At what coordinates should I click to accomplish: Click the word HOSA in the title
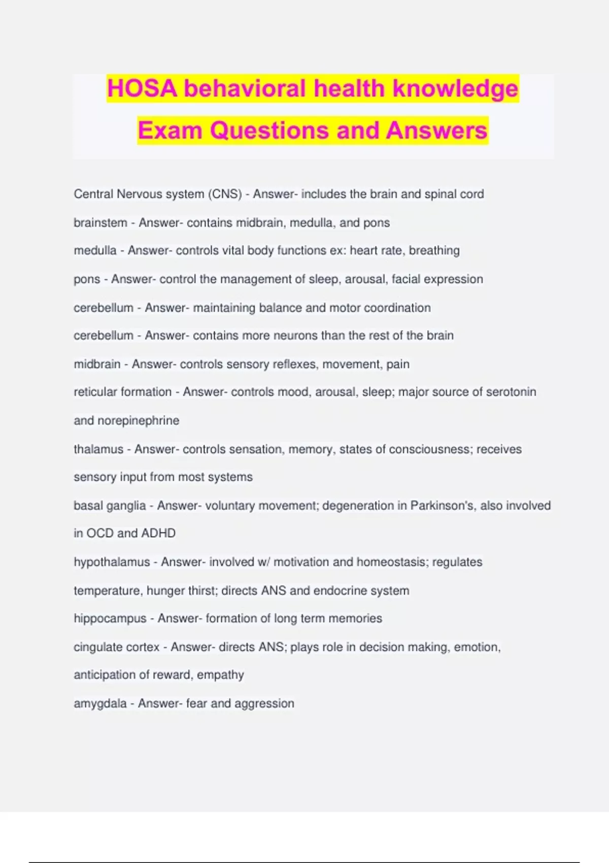coord(142,89)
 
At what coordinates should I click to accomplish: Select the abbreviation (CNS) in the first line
coord(225,194)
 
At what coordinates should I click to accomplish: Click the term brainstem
coord(100,223)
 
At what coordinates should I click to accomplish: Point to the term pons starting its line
coord(87,279)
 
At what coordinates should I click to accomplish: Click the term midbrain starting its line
coord(97,364)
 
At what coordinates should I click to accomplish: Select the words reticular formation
coord(123,392)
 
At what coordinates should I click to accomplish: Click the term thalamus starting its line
coord(98,449)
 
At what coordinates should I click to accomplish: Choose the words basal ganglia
coord(110,506)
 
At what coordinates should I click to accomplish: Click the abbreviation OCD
coord(100,533)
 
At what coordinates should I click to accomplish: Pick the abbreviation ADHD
coord(158,533)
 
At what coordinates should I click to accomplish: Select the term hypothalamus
coord(112,562)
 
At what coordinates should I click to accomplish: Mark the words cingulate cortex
coord(117,647)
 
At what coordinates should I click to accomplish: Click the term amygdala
coord(100,704)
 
